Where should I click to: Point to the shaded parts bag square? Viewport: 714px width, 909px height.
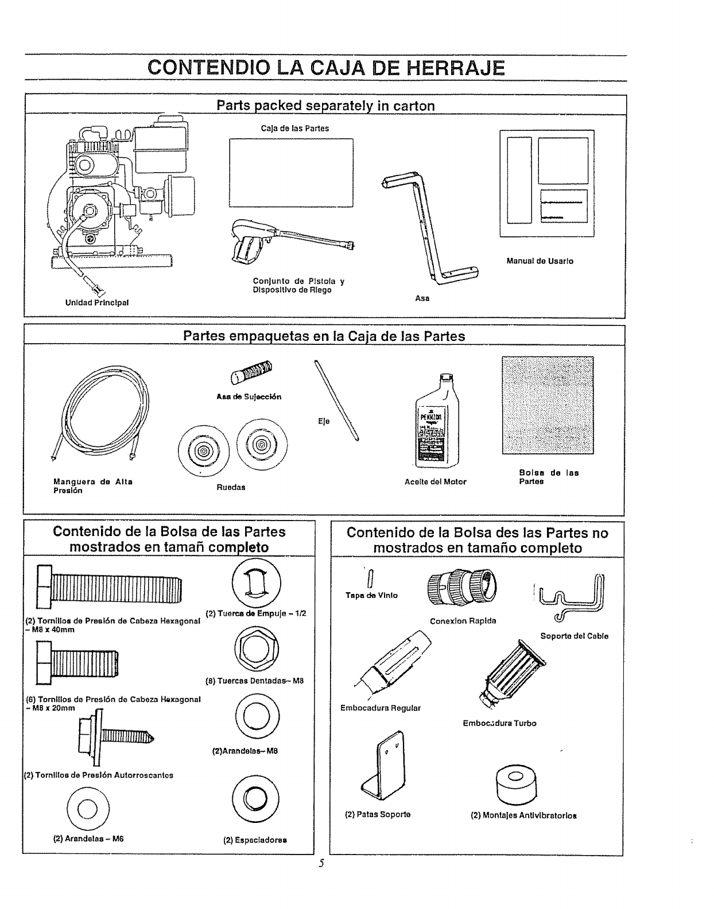click(548, 405)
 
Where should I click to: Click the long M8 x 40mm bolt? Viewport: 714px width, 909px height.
click(109, 586)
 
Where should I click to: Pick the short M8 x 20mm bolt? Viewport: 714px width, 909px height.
click(77, 663)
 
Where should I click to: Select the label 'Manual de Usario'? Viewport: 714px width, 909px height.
click(540, 261)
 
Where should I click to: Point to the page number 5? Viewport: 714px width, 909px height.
click(322, 863)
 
